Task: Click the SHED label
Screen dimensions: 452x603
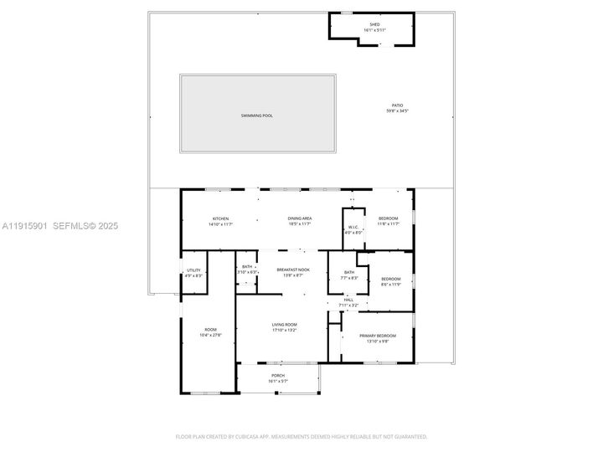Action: (374, 24)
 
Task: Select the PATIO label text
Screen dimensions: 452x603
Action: (398, 105)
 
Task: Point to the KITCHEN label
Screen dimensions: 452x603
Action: (220, 218)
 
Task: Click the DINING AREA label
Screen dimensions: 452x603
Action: (300, 218)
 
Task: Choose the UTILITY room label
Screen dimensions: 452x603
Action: (193, 270)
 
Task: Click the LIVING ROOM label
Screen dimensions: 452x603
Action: (285, 325)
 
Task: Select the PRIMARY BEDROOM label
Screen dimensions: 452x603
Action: (378, 336)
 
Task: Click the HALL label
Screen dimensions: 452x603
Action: (348, 300)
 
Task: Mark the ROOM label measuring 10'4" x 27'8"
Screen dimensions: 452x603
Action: (210, 330)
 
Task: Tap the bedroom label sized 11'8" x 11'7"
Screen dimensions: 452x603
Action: (388, 218)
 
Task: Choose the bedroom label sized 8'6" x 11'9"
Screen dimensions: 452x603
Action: (392, 279)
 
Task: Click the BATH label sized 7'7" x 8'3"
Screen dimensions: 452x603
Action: (348, 272)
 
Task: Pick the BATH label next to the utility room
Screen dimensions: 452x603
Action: (247, 267)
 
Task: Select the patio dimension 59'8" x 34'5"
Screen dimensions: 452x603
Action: (398, 110)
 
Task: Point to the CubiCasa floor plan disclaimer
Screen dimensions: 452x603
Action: (301, 436)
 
